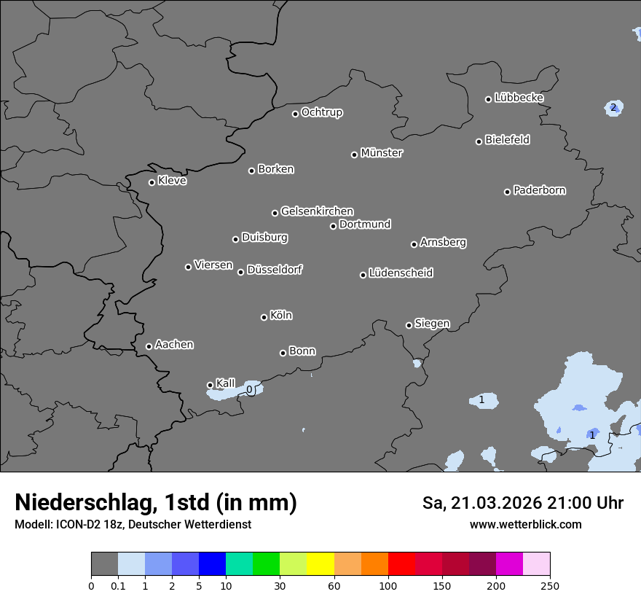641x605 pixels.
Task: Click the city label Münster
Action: pos(382,153)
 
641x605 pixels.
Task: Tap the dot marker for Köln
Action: pos(264,317)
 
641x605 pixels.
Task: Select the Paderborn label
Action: pos(539,190)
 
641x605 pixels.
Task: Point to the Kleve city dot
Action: pos(152,182)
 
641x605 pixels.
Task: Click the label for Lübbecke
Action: pos(519,98)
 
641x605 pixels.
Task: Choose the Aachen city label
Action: pos(174,345)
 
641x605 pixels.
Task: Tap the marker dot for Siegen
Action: pos(409,325)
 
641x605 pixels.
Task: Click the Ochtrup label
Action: pos(321,112)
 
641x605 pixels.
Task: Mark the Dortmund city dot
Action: pos(334,226)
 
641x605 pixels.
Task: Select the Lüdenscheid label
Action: pos(401,273)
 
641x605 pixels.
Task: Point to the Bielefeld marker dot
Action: pos(479,141)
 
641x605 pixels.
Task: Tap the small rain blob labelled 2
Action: pos(613,108)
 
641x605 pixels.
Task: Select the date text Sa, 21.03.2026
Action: pos(481,503)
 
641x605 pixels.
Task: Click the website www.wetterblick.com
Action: pos(525,524)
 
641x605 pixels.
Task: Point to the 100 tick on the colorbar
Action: pos(388,585)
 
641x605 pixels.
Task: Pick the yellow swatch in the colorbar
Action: pos(320,564)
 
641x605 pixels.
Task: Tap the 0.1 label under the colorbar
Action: pos(117,585)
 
